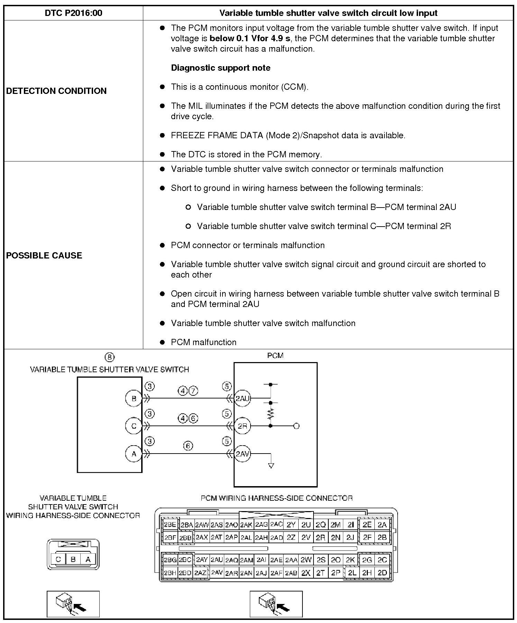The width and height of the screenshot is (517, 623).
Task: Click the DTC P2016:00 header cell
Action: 73,13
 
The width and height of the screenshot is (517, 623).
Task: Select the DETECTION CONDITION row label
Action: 56,91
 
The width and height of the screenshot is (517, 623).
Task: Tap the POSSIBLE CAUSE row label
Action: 44,255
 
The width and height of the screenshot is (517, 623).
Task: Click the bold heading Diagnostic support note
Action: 221,68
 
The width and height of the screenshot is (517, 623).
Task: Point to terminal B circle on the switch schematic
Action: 134,398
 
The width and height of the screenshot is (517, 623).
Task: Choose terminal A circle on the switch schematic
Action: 134,454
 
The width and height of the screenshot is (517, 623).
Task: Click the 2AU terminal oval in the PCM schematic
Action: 242,398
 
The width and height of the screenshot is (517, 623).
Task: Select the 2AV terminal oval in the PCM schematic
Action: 242,454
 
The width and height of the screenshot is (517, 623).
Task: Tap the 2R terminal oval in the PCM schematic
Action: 242,426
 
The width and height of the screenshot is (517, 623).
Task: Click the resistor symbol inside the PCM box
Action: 271,414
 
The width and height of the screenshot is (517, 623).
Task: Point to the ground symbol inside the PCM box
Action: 271,466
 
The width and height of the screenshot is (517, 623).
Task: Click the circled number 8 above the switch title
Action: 109,357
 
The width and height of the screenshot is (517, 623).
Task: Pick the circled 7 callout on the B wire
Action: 193,391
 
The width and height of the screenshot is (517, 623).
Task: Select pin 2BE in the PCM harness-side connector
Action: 170,525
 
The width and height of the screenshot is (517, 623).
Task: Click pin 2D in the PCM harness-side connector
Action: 382,572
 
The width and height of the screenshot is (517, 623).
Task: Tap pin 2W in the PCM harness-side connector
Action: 306,560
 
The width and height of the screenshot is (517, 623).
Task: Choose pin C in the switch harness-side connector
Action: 58,559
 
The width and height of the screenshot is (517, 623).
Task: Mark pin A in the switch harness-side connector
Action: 88,559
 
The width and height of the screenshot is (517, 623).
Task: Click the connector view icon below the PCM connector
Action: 276,604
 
